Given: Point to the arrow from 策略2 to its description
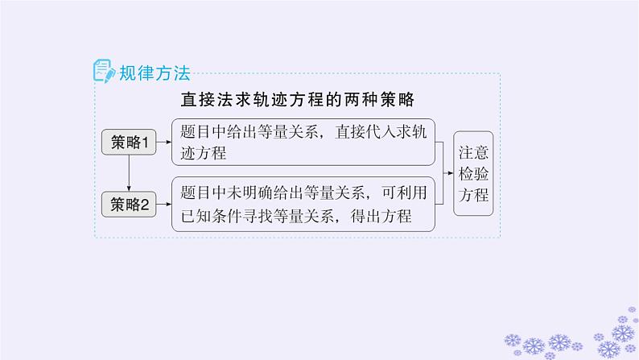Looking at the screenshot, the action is pyautogui.click(x=165, y=205).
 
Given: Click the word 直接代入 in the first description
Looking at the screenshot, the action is pyautogui.click(x=365, y=134).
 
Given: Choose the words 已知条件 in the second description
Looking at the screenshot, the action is pyautogui.click(x=211, y=216).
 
